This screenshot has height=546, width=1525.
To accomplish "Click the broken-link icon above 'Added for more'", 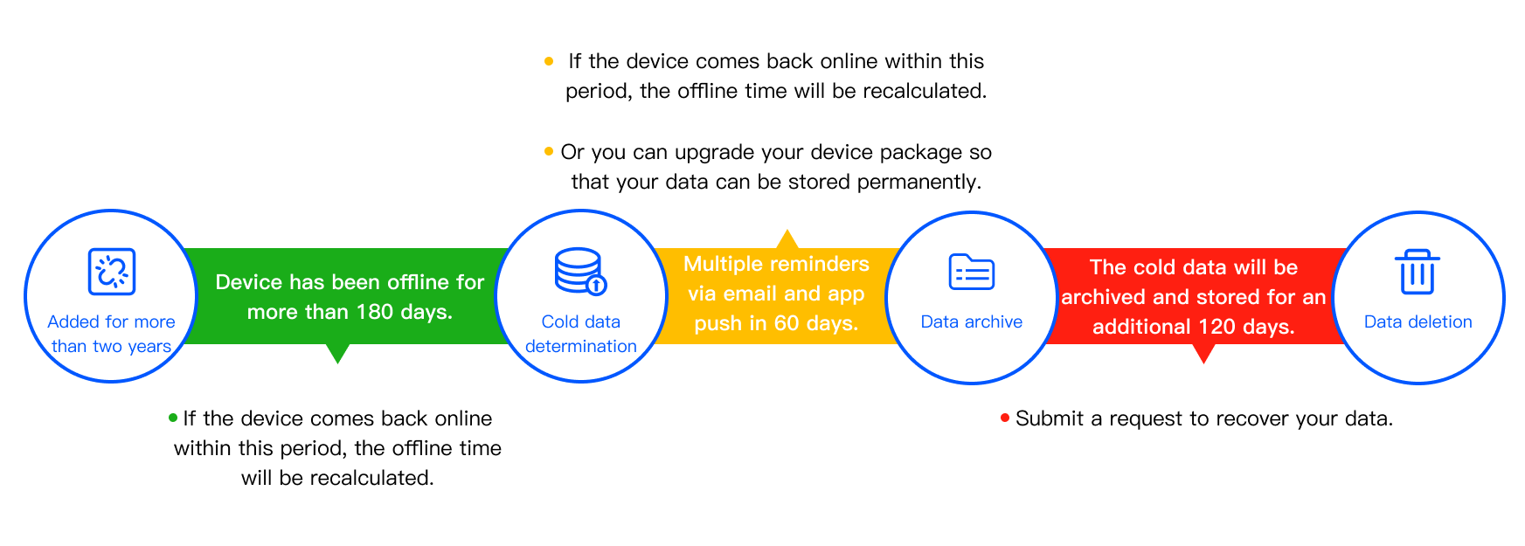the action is [112, 272].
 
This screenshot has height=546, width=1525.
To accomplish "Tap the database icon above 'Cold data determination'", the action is [580, 272].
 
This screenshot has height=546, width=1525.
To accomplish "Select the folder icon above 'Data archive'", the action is [972, 272].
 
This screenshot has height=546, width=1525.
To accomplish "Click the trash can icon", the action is [1418, 272].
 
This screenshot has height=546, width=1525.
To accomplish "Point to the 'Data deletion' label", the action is [1418, 321].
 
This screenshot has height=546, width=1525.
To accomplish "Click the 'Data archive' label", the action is [972, 321].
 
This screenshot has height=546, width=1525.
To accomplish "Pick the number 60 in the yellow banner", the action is [787, 323].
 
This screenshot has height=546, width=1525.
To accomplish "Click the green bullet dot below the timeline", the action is [173, 418].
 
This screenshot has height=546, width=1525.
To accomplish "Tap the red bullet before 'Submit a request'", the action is [1005, 418].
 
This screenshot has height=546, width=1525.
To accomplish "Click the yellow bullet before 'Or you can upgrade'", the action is [549, 152].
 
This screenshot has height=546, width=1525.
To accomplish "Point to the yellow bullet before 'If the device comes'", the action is [549, 61].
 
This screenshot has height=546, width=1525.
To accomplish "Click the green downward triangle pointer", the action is [337, 353].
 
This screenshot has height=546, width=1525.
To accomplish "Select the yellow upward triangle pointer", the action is [787, 239].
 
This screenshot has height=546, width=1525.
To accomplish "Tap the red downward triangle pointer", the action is [1204, 353].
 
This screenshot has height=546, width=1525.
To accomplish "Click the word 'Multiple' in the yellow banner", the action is [721, 264].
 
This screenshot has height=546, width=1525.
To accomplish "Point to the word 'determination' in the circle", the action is [581, 346].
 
